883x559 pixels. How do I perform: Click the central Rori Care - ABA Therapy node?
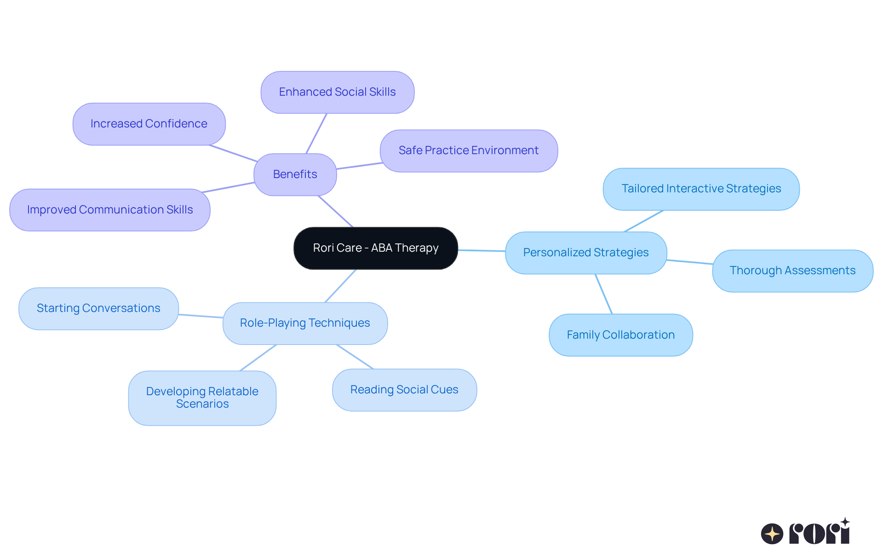(376, 248)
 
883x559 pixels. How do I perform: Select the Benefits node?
(295, 174)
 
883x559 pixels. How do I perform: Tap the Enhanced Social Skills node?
(337, 92)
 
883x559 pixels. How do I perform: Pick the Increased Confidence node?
(149, 124)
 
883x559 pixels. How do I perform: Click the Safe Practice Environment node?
(468, 150)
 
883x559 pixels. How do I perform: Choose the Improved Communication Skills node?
(110, 210)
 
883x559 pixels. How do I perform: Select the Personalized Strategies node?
(585, 253)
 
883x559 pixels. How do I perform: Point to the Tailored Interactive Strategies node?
(701, 189)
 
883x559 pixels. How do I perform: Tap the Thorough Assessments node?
(792, 271)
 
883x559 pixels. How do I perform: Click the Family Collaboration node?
(620, 335)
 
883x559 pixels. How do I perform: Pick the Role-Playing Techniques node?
(305, 323)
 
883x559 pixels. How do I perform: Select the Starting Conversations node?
(98, 308)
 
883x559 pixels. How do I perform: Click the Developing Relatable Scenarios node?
(202, 398)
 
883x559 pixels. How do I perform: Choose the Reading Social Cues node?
(404, 390)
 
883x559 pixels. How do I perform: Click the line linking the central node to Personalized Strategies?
(482, 251)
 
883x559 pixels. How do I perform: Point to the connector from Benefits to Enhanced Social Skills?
(316, 133)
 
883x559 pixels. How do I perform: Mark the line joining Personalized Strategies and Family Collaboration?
(604, 294)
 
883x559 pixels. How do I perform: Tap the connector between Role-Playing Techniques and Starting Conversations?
(201, 316)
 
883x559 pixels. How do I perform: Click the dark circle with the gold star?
(772, 534)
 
